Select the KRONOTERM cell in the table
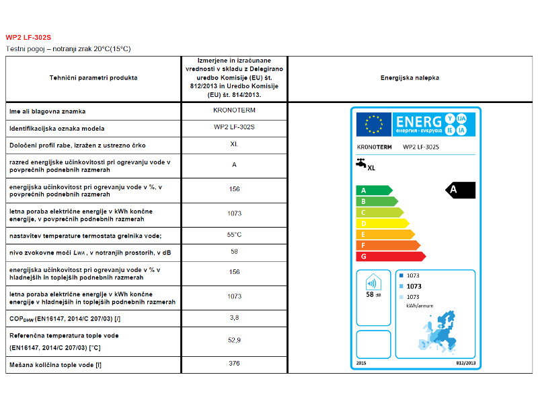tap(234, 110)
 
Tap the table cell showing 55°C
tap(234, 235)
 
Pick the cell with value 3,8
tap(234, 318)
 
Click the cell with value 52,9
tap(234, 340)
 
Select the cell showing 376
tap(234, 364)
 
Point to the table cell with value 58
tap(234, 252)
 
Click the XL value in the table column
tap(234, 144)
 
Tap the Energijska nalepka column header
tap(410, 78)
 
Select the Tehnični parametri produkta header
tap(93, 78)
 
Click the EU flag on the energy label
tap(373, 123)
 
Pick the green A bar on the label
tap(373, 191)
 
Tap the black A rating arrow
tap(461, 190)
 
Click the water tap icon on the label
tap(360, 163)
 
